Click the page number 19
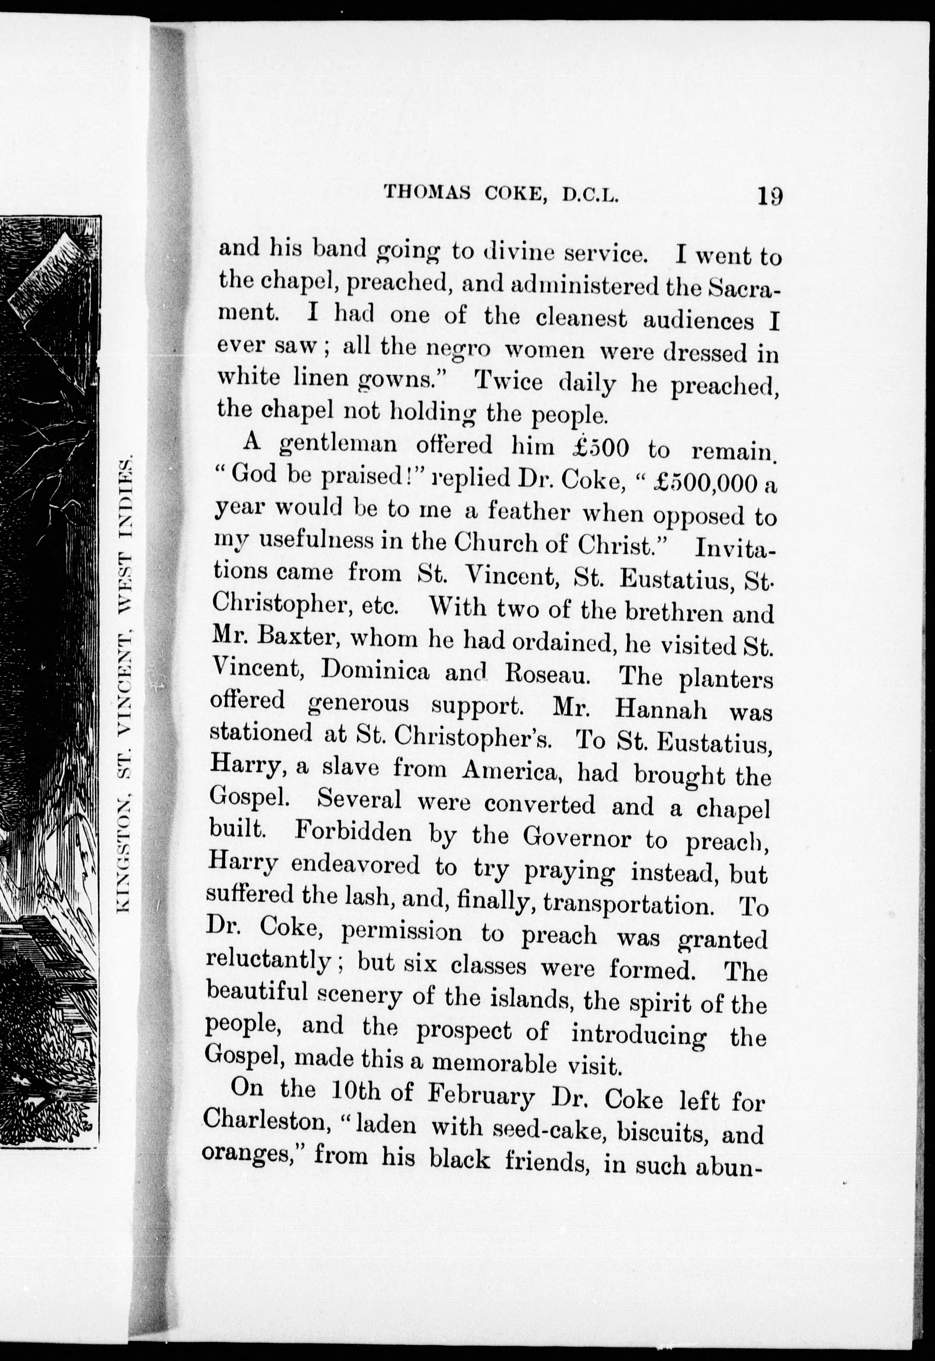point(769,195)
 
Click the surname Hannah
point(661,710)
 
